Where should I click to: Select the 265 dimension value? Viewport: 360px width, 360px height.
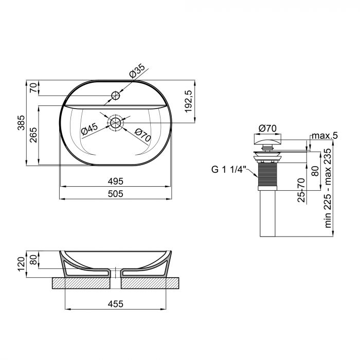click(34, 136)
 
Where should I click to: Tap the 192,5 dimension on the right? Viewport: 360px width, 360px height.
click(188, 101)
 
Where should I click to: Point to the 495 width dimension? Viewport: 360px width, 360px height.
click(115, 182)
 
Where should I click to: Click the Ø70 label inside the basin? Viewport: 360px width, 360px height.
click(142, 135)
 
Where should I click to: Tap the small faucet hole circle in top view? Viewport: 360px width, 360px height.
click(116, 96)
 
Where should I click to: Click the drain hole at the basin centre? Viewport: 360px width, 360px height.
click(116, 122)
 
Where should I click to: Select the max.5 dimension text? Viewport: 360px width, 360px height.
click(325, 136)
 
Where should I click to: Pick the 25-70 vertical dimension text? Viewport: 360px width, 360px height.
click(301, 190)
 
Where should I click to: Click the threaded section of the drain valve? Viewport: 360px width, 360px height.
click(267, 175)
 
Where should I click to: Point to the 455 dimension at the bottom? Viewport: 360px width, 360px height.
click(115, 304)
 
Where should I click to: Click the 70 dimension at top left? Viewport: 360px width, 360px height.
click(34, 88)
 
